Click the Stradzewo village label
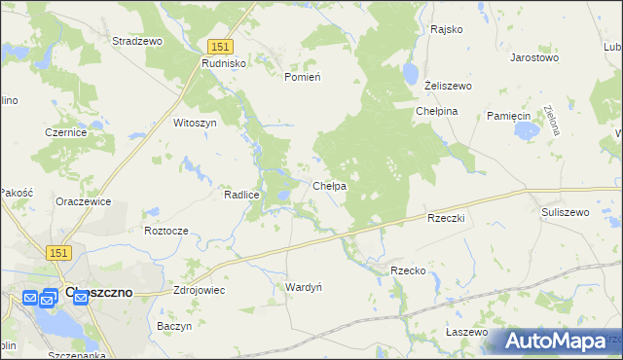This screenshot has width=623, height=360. [137, 42]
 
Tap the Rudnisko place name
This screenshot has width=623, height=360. [225, 62]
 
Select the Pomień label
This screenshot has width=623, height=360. [302, 76]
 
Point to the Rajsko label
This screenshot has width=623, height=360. [446, 29]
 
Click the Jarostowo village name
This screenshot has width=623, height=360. [534, 57]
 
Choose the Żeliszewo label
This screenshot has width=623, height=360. [449, 86]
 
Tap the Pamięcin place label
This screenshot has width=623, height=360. [507, 115]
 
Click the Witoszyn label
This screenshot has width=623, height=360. [194, 124]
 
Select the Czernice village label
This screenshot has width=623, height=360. [66, 132]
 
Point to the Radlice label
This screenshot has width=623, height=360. [241, 195]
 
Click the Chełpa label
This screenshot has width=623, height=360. [330, 186]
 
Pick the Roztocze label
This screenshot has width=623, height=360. [165, 231]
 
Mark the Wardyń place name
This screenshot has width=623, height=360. [304, 287]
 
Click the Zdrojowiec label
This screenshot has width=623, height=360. [199, 290]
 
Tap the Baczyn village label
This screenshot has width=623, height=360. [174, 326]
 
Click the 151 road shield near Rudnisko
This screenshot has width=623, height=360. [219, 46]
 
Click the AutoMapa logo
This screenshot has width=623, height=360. [556, 342]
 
